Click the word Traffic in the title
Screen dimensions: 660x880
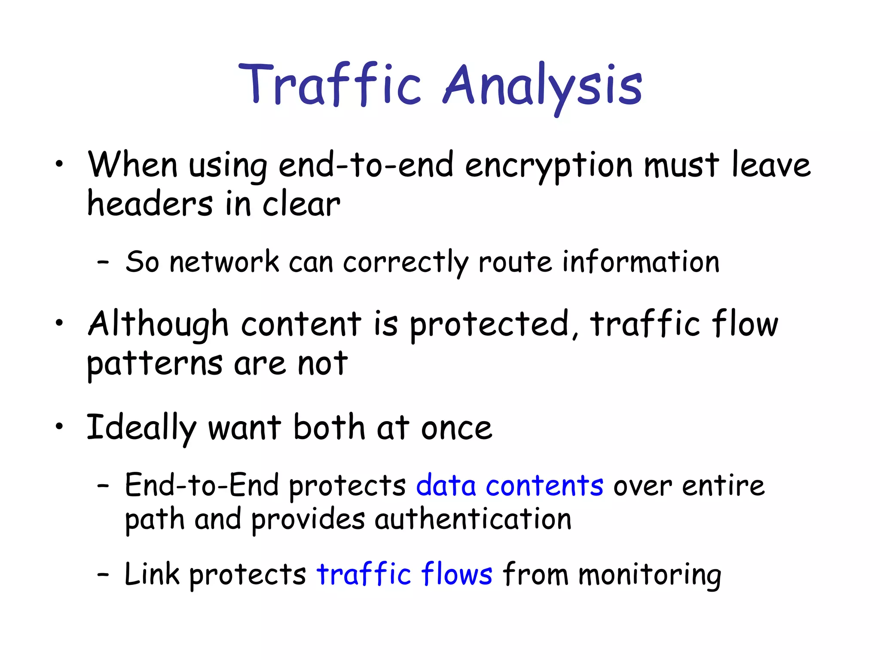coord(330,84)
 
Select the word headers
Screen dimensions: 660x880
coord(150,204)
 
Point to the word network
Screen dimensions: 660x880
coord(224,262)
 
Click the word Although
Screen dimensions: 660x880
coord(158,325)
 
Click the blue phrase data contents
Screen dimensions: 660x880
coord(510,486)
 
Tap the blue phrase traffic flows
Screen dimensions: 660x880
coord(404,574)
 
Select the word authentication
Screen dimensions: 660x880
coord(473,520)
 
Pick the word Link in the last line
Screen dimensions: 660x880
coord(151,574)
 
